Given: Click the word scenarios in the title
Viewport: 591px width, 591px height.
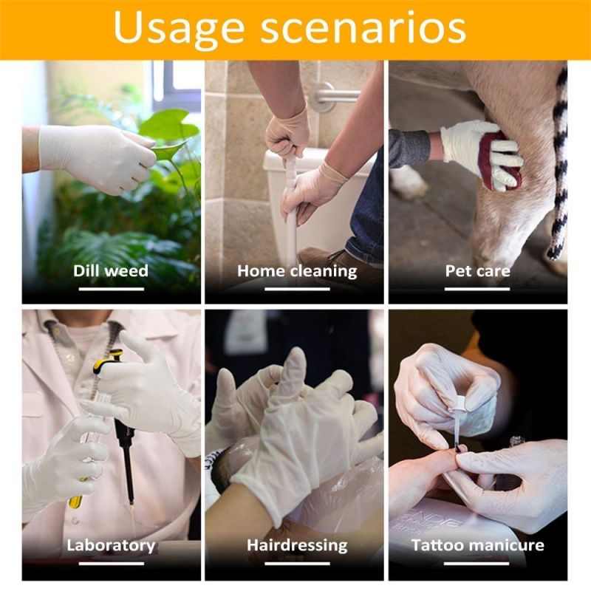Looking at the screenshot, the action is [363, 27].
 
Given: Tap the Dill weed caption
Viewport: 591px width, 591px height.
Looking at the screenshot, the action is [111, 270].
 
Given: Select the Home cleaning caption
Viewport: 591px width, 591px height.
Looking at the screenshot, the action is [297, 271].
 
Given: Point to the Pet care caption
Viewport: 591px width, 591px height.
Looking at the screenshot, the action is [477, 270].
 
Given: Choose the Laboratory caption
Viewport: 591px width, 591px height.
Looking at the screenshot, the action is [111, 545].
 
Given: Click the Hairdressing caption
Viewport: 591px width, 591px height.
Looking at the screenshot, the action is [297, 545].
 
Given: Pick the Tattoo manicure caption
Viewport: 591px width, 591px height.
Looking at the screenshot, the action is [477, 545].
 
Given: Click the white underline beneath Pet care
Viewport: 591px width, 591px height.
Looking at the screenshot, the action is [477, 289].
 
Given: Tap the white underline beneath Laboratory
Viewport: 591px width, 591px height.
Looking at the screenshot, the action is [112, 564].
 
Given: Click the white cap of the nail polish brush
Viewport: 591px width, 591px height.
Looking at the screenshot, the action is [460, 404].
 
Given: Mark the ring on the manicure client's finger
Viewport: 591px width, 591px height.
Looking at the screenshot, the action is [517, 441].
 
